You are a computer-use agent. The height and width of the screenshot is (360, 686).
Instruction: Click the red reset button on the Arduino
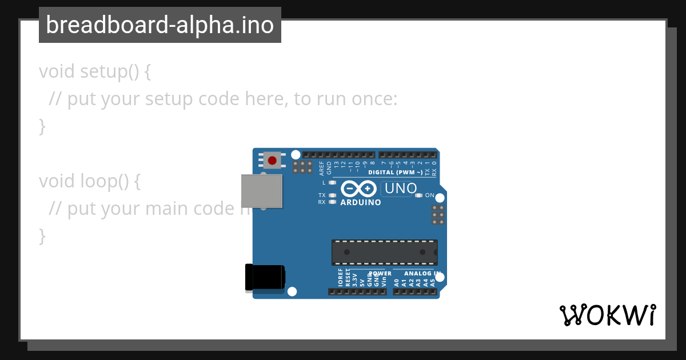(273, 161)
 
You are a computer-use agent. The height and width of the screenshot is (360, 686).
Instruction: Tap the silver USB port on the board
(261, 191)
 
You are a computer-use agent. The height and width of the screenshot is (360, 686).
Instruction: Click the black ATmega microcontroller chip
(384, 252)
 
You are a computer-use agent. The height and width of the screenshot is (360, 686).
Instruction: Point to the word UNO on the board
(401, 188)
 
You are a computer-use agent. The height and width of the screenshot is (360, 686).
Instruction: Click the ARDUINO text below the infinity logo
(361, 202)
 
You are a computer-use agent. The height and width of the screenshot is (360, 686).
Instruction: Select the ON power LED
(418, 195)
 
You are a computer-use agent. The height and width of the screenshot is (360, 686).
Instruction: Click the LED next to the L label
(332, 183)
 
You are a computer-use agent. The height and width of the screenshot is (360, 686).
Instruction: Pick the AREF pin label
(322, 168)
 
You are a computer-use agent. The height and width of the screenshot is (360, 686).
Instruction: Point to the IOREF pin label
(341, 278)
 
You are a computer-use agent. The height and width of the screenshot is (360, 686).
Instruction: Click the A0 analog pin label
(397, 281)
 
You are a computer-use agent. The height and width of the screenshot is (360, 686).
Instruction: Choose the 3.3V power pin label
(354, 279)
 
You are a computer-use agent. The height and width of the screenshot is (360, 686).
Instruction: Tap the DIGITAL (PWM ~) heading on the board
(396, 172)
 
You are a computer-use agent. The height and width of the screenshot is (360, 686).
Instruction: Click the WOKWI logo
(607, 315)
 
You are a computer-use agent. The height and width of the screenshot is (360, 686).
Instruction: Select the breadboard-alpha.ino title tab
(159, 25)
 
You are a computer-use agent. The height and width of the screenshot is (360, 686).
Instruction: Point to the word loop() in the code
(103, 181)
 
